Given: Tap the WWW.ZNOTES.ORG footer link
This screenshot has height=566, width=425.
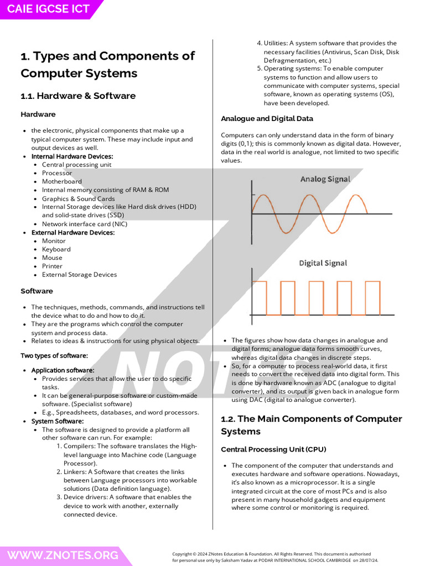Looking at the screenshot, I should [63, 555].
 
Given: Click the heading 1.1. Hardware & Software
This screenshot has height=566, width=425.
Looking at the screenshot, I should [78, 96].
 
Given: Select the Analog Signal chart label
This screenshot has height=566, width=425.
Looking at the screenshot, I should [325, 179].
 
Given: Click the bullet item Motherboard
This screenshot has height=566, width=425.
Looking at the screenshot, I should [62, 181].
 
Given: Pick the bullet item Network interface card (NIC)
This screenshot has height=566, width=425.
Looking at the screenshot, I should [84, 224].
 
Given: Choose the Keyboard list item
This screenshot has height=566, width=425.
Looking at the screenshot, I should [56, 249].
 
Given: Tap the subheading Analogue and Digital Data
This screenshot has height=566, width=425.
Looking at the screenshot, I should [267, 118].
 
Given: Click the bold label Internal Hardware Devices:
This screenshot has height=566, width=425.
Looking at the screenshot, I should [72, 156].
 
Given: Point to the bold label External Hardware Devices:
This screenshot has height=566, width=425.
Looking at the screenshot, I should [72, 233].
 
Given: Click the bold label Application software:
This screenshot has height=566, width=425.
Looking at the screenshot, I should [63, 370].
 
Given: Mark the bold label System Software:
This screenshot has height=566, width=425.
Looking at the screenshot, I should [58, 421].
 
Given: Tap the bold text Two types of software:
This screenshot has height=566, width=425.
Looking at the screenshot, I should [54, 355].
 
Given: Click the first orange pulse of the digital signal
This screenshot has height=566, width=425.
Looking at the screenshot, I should [260, 298].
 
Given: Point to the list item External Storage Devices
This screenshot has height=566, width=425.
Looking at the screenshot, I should [79, 275].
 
